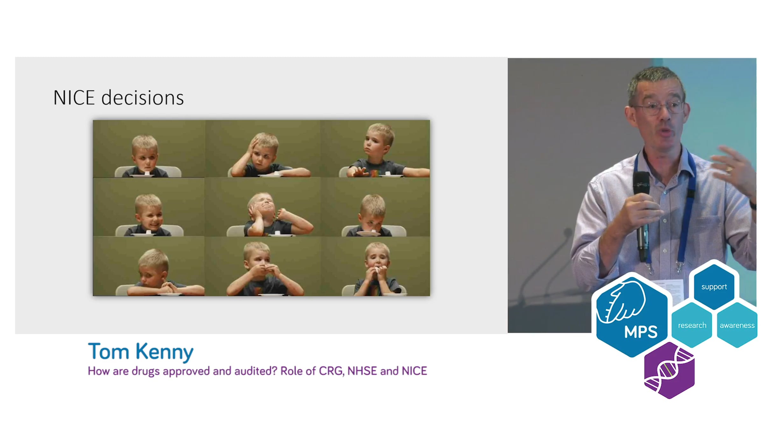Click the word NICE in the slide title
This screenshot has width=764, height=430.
tap(74, 97)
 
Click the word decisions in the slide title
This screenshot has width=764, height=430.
tap(143, 97)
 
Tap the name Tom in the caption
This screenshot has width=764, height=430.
tap(109, 352)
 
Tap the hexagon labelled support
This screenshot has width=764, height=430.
tap(714, 286)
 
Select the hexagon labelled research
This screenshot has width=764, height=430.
tap(692, 325)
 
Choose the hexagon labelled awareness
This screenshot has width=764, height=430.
tap(737, 325)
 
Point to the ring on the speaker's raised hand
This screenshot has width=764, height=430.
tap(729, 169)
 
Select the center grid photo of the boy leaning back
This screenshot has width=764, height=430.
tap(263, 207)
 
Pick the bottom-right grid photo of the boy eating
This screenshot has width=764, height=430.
tap(375, 266)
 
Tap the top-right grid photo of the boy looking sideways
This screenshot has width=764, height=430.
tap(375, 149)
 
